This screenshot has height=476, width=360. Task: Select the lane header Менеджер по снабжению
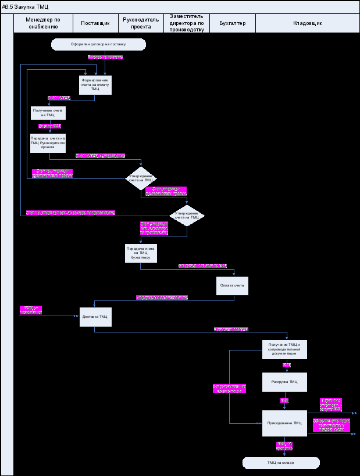[42, 23]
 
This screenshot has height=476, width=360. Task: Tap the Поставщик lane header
[95, 23]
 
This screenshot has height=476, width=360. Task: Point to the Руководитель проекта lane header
[141, 23]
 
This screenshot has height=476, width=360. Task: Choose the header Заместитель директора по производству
[187, 23]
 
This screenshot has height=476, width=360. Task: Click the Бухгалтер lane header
[233, 23]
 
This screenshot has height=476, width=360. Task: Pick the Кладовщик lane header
[308, 23]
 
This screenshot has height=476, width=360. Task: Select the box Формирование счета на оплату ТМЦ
[95, 85]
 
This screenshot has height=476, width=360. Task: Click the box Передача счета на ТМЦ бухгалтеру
[141, 253]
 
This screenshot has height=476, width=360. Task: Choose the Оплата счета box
[233, 285]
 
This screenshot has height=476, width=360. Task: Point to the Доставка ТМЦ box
[95, 317]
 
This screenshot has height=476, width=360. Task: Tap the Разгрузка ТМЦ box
[284, 382]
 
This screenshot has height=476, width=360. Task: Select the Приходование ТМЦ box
[284, 423]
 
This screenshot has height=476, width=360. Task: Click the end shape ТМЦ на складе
[281, 463]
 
